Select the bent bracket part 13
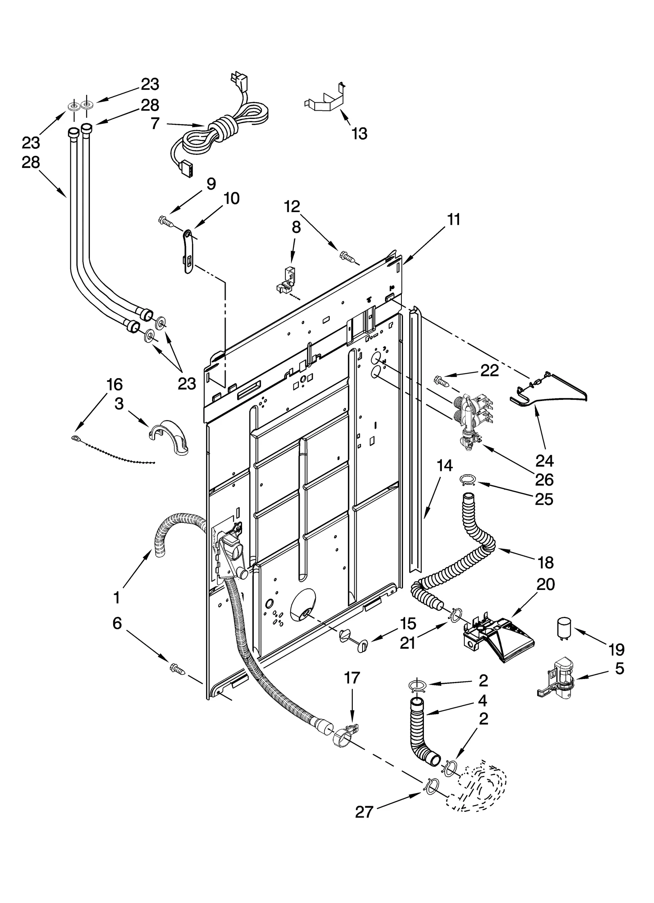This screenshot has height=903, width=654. click(x=325, y=101)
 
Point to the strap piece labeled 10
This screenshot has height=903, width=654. click(x=187, y=251)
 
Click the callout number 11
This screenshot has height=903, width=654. click(x=453, y=220)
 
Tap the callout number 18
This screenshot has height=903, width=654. click(x=545, y=562)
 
